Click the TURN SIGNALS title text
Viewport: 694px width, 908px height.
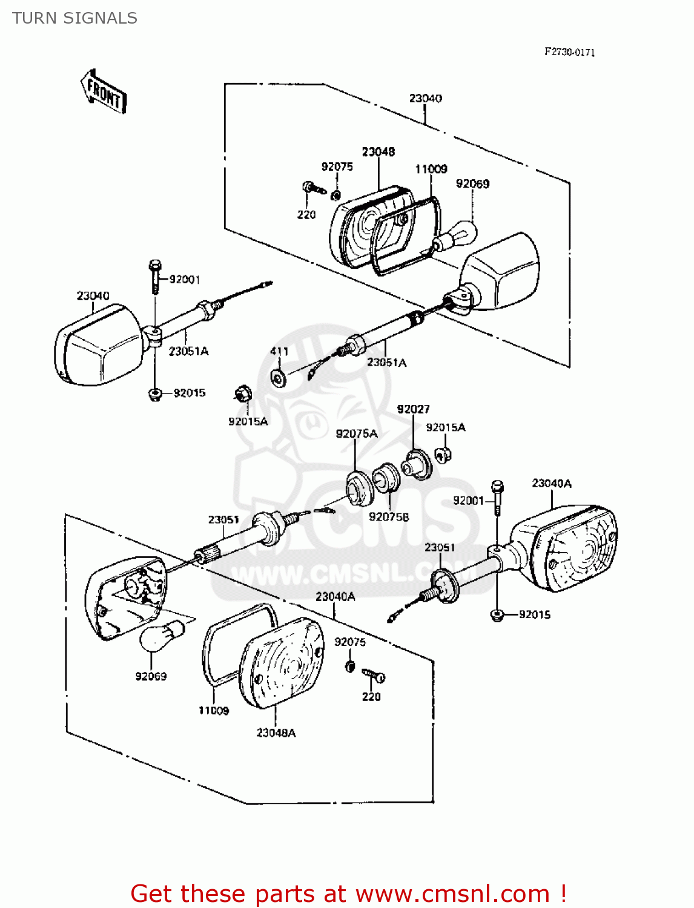(x=74, y=18)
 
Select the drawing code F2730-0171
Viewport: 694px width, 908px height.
(x=569, y=52)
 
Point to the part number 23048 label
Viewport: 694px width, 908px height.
(x=378, y=151)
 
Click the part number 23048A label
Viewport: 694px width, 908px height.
(x=276, y=732)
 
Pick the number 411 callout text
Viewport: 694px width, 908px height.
(x=279, y=351)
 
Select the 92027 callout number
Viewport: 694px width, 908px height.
(x=413, y=409)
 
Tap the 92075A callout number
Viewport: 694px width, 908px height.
(x=356, y=433)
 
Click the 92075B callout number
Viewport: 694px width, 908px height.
(x=389, y=516)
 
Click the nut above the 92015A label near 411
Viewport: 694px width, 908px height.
(x=243, y=394)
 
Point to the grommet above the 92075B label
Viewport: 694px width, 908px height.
(x=385, y=479)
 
